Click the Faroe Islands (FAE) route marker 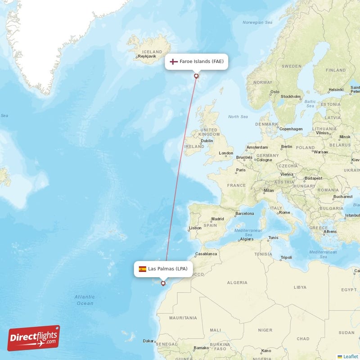tap(196, 76)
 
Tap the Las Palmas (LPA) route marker tap(163, 283)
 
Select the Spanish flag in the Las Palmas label tap(142, 269)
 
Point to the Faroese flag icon tap(173, 61)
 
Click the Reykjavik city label tap(146, 57)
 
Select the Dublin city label tap(207, 141)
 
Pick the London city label tap(226, 153)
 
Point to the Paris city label tap(241, 170)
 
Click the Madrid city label tap(217, 219)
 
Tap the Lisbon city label tap(195, 228)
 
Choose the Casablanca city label tap(206, 254)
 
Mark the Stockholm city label tap(291, 96)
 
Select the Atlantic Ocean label tap(85, 300)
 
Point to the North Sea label tap(238, 117)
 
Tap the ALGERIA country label tap(237, 283)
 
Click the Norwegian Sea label tap(257, 22)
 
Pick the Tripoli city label tap(286, 257)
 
